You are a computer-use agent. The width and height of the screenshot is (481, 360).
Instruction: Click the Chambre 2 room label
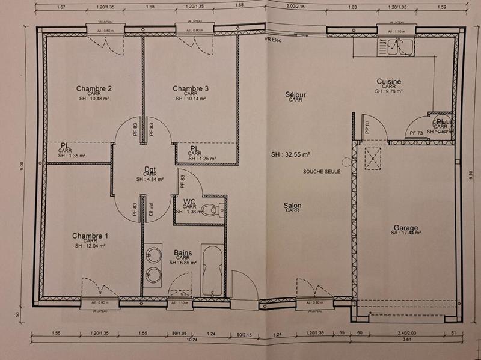pyautogui.click(x=94, y=88)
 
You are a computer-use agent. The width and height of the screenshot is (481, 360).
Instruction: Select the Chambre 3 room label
pyautogui.click(x=191, y=88)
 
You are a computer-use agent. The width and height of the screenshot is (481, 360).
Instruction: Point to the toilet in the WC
pyautogui.click(x=209, y=210)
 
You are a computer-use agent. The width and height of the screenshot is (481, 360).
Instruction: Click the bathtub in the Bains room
pyautogui.click(x=212, y=270)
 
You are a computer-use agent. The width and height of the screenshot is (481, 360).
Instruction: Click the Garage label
pyautogui.click(x=406, y=228)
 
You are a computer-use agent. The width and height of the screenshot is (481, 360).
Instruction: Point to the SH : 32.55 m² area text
pyautogui.click(x=290, y=154)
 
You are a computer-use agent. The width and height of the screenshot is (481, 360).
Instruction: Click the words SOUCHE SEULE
pyautogui.click(x=322, y=172)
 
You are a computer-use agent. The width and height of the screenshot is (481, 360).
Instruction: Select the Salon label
pyautogui.click(x=293, y=206)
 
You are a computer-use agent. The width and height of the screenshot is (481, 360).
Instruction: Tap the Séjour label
pyautogui.click(x=295, y=94)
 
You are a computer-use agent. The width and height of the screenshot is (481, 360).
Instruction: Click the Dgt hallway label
pyautogui.click(x=150, y=169)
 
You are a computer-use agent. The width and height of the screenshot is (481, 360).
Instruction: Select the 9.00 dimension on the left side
pyautogui.click(x=22, y=164)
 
